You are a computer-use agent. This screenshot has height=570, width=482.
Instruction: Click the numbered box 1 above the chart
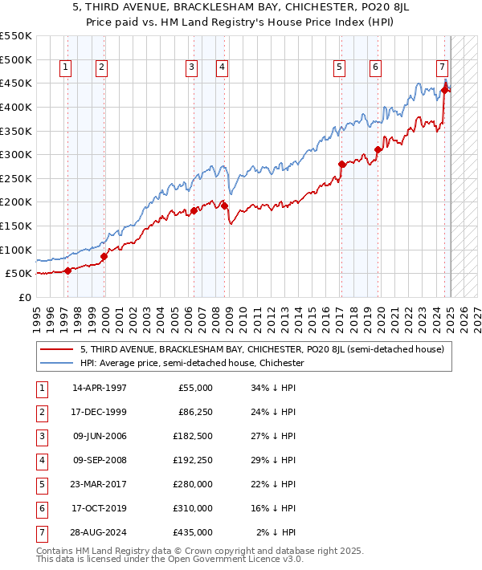coord(64,67)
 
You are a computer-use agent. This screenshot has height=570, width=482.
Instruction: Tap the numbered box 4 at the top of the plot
coord(220,67)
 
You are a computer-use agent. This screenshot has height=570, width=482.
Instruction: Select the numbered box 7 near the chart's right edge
coord(442,67)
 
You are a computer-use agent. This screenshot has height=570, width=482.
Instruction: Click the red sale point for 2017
coord(341,165)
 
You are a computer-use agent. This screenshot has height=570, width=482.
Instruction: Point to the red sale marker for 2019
coord(377,150)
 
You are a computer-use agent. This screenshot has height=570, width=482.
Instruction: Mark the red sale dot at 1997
coord(67,271)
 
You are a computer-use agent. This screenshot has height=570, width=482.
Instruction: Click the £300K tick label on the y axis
coord(15,154)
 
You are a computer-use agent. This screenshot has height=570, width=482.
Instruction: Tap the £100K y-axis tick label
coord(15,250)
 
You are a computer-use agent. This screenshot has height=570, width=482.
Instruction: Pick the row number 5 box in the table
coord(40,485)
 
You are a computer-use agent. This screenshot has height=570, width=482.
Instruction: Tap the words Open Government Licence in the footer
coord(228,560)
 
